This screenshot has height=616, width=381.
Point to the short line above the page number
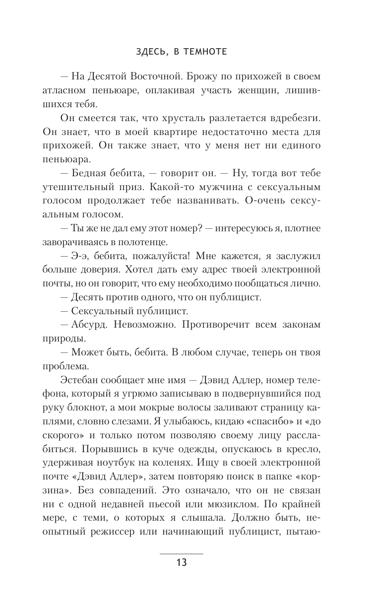[x=181, y=553]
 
